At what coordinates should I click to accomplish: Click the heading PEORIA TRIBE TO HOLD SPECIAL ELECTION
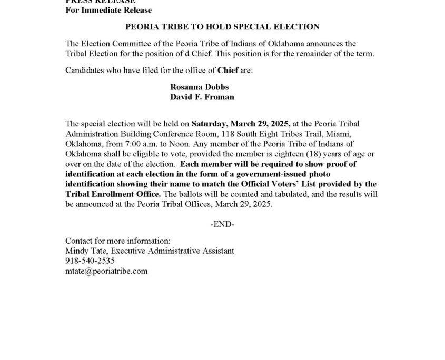click(222, 27)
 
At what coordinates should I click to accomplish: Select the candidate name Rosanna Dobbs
click(199, 87)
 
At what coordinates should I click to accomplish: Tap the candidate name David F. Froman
click(202, 97)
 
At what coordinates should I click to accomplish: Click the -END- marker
click(222, 224)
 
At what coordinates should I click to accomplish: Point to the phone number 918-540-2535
click(90, 261)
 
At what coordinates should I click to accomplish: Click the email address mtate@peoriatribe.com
click(106, 271)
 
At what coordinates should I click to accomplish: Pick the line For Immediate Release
click(108, 10)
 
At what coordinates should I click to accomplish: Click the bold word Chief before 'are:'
click(228, 70)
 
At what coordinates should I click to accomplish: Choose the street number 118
click(221, 134)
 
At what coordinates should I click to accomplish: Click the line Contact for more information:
click(117, 241)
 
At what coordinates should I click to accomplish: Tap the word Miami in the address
click(339, 134)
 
